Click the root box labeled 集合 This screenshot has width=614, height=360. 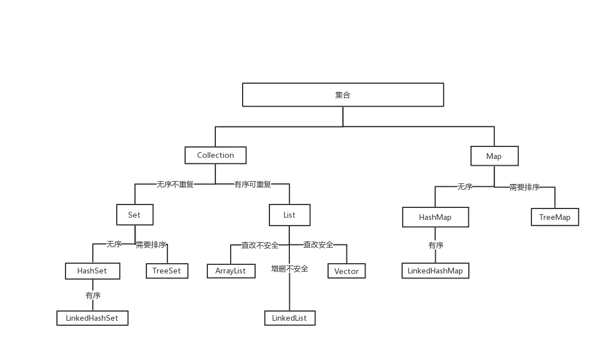343,95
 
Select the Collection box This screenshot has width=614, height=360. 215,156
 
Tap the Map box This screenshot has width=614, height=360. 494,156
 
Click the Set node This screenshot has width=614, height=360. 134,215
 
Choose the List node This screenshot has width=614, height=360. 289,215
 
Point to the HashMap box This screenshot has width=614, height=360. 435,217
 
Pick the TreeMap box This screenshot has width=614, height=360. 554,217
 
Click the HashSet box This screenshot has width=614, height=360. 92,271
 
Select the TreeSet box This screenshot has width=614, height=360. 166,271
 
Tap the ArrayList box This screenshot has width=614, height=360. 230,271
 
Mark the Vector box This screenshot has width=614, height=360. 346,271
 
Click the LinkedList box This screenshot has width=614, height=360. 289,318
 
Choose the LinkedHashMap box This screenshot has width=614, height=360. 435,271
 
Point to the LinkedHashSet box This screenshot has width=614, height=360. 92,318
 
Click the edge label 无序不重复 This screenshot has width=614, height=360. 175,185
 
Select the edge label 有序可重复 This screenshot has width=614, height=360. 253,185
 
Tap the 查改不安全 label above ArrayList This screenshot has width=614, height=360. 260,246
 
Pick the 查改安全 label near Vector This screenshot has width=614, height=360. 318,245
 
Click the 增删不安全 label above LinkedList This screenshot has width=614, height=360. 289,268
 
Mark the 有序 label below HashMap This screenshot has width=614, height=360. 436,246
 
